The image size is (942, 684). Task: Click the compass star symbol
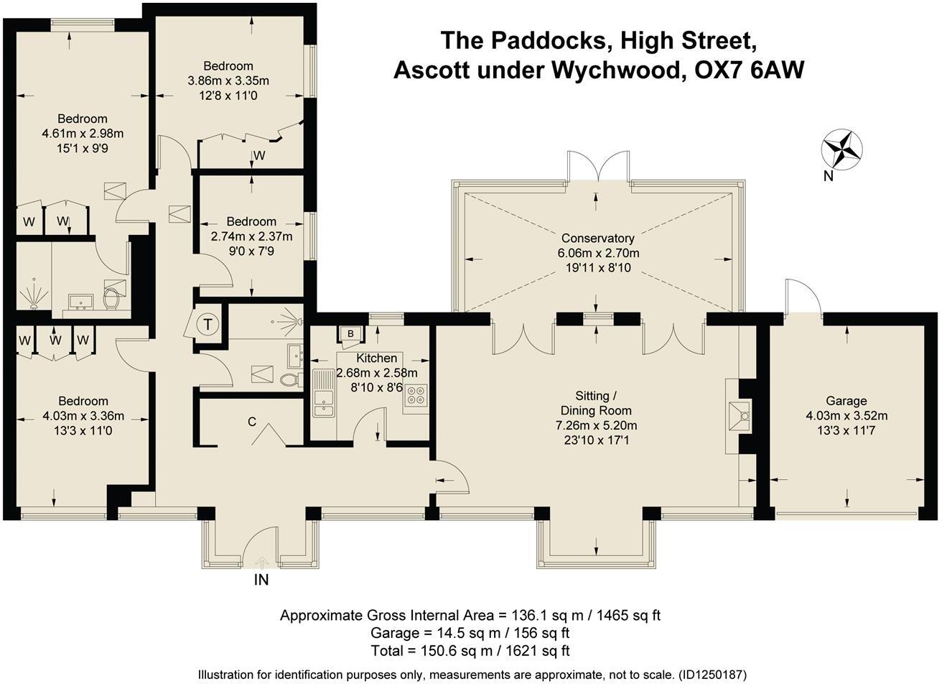[842, 150]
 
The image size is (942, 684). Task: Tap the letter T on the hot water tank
[207, 325]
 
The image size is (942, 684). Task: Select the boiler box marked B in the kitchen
[350, 334]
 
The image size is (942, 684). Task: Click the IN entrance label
[261, 580]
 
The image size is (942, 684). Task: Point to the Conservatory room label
[597, 239]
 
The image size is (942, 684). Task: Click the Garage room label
[846, 401]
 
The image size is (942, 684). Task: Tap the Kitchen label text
[377, 359]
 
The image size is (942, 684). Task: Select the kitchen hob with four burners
[416, 396]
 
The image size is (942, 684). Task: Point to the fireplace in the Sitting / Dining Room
[739, 416]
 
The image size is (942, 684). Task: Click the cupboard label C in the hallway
[252, 422]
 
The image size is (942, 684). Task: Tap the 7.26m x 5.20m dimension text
[597, 425]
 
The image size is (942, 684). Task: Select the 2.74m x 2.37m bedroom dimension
[251, 236]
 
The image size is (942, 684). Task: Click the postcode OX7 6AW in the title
[749, 70]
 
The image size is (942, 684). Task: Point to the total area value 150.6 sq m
[457, 651]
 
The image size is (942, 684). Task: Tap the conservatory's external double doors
[600, 167]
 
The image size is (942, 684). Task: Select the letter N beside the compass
[829, 176]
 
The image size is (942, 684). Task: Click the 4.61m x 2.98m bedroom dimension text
[83, 134]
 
